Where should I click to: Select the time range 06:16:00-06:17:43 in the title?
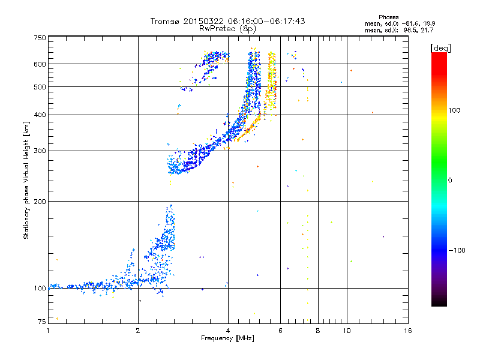(x=262, y=21)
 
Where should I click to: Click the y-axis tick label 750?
(x=40, y=38)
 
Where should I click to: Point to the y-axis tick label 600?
(x=40, y=64)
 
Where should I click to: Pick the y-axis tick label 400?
(x=40, y=115)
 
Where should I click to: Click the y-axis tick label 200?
(x=40, y=201)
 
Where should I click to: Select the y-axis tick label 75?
(x=41, y=323)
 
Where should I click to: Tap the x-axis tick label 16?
(x=407, y=330)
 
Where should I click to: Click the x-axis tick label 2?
(x=138, y=330)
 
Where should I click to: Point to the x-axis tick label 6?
(x=280, y=330)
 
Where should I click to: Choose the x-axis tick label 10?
(x=346, y=330)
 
